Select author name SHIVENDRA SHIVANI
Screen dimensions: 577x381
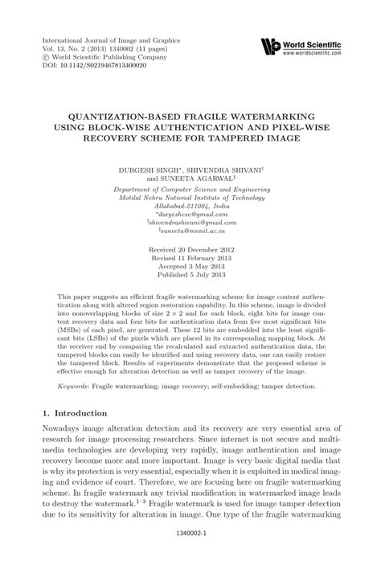click(229, 171)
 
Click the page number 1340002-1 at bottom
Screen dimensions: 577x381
click(190, 554)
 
